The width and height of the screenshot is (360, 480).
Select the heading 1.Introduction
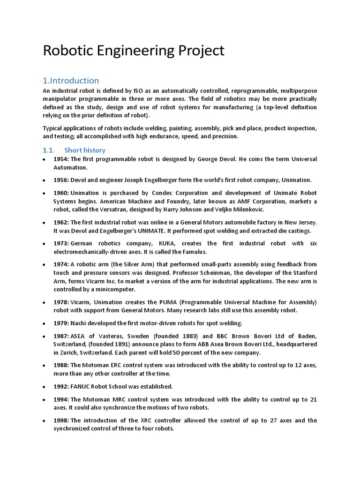(x=71, y=80)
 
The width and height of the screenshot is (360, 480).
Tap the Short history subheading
(x=85, y=150)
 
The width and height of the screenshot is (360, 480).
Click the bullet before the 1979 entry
(x=44, y=323)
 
